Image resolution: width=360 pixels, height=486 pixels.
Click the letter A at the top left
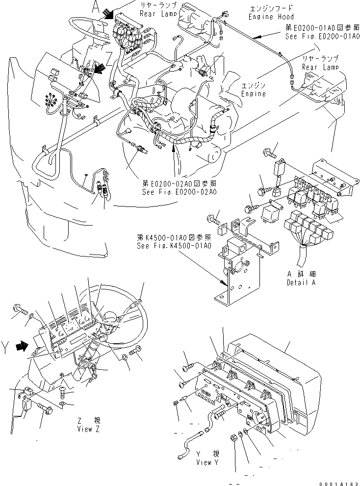pyautogui.click(x=96, y=7)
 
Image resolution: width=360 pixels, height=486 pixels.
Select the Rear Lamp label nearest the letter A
pyautogui.click(x=155, y=14)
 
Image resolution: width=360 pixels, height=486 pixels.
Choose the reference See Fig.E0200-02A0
pyautogui.click(x=180, y=192)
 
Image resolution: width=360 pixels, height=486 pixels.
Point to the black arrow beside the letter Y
pyautogui.click(x=22, y=347)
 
